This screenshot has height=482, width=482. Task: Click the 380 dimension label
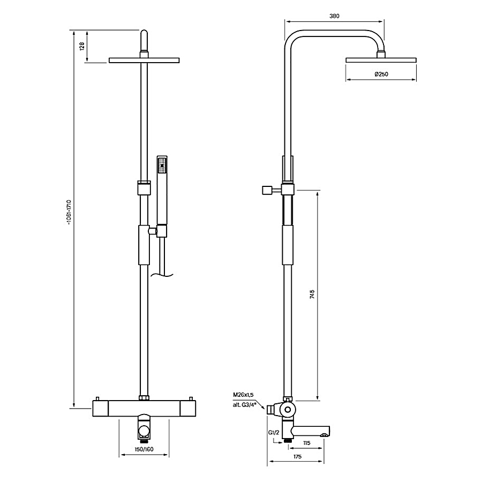[x=334, y=16]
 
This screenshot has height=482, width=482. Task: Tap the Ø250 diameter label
[x=381, y=74]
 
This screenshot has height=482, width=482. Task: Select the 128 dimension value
[x=82, y=46]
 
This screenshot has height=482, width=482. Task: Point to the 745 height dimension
[x=312, y=295]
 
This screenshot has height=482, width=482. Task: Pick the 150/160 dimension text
[x=144, y=449]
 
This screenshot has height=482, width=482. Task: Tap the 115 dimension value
[x=306, y=443]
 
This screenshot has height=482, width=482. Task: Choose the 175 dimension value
[x=297, y=456]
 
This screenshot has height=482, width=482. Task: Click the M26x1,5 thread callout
[x=243, y=395]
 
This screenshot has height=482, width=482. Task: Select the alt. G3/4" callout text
[x=244, y=405]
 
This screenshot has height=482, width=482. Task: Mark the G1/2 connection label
[x=274, y=433]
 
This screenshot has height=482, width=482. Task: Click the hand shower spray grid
[x=162, y=165]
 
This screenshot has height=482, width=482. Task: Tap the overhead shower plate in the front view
[x=144, y=60]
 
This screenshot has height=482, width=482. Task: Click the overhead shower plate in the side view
[x=381, y=60]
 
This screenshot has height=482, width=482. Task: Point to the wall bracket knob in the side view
[x=267, y=190]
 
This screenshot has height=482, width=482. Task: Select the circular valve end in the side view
[x=288, y=410]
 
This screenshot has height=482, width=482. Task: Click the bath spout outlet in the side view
[x=323, y=435]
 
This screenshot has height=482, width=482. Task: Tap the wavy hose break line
[x=162, y=275]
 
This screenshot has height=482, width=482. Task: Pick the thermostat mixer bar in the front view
[x=144, y=408]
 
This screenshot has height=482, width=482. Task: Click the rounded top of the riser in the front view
[x=144, y=33]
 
